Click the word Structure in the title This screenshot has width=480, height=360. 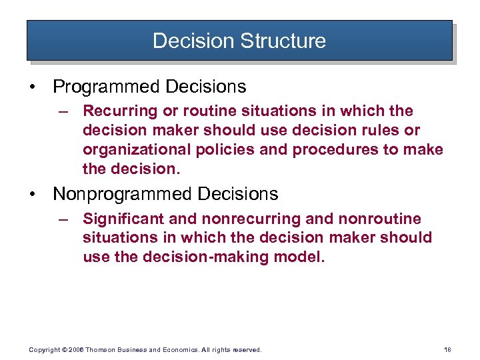click(283, 41)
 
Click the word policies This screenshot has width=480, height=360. click(222, 149)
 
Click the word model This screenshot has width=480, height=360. click(303, 257)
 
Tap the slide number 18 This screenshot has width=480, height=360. click(447, 349)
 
